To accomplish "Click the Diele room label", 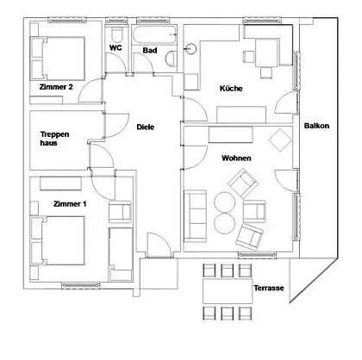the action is [x=146, y=127].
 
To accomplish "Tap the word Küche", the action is [x=231, y=88].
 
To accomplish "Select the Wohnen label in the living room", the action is [x=236, y=158].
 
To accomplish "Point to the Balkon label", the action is [x=316, y=126].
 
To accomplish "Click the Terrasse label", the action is [x=269, y=288].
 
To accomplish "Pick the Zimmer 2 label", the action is [x=56, y=87].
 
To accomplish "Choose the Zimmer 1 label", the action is [x=70, y=204].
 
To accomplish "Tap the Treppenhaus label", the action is [x=54, y=139].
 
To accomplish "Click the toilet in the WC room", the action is [x=117, y=34].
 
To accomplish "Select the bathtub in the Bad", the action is [x=154, y=35].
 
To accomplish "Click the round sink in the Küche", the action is [x=190, y=48].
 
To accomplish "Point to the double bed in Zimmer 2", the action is [x=58, y=59].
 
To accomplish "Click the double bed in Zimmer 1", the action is [x=58, y=240].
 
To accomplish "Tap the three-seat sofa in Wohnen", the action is [x=196, y=216].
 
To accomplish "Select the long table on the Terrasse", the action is [x=228, y=291].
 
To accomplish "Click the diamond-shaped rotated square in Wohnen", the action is [x=280, y=140].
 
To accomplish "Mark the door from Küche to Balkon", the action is [x=286, y=102].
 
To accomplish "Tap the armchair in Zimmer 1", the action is [x=120, y=212].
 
